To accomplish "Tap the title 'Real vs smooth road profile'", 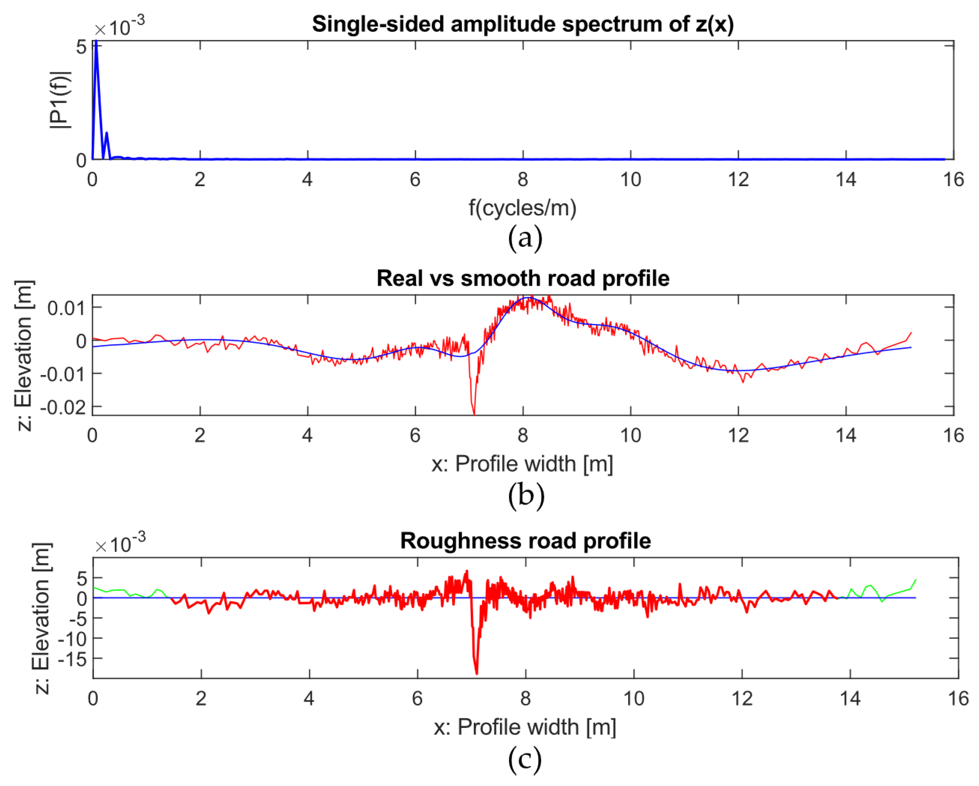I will point(523,278).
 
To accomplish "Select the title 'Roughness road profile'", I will point(525,541).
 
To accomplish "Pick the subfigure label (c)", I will point(525,759).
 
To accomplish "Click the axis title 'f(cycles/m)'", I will point(523,208).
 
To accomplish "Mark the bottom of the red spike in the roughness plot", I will point(476,673).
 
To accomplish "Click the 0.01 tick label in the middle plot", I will point(66,308).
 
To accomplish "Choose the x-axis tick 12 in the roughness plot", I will point(742,698).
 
